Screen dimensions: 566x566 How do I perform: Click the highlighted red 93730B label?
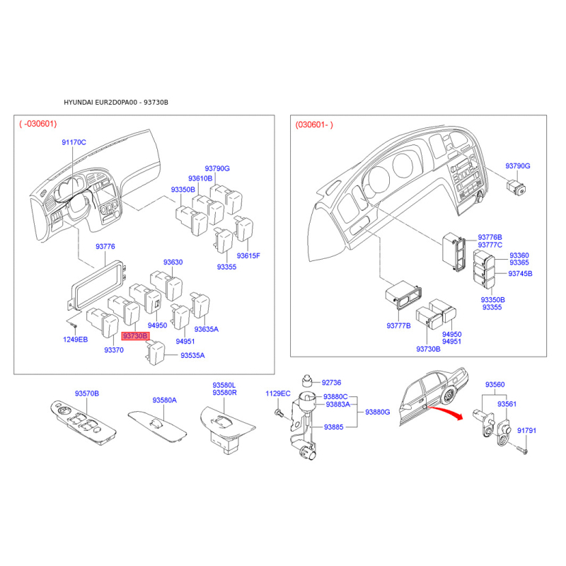(x=135, y=336)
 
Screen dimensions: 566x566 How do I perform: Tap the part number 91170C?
(x=74, y=142)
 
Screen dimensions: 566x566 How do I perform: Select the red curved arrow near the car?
(x=445, y=412)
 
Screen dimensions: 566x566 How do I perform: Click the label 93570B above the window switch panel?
(x=87, y=393)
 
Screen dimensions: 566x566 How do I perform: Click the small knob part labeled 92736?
(x=307, y=381)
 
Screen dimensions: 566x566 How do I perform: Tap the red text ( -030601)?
(x=38, y=124)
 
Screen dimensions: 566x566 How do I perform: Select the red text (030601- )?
(x=314, y=125)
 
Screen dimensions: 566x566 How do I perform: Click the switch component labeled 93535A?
(x=155, y=352)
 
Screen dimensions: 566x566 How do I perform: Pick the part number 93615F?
(x=248, y=255)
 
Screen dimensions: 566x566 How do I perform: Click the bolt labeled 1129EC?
(x=279, y=412)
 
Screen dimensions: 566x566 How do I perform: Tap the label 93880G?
(x=378, y=412)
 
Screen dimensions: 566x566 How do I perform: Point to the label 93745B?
(x=520, y=273)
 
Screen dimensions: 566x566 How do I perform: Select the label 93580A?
(x=165, y=400)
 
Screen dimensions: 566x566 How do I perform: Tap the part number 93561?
(x=507, y=404)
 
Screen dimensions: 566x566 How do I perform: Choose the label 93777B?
(x=398, y=325)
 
